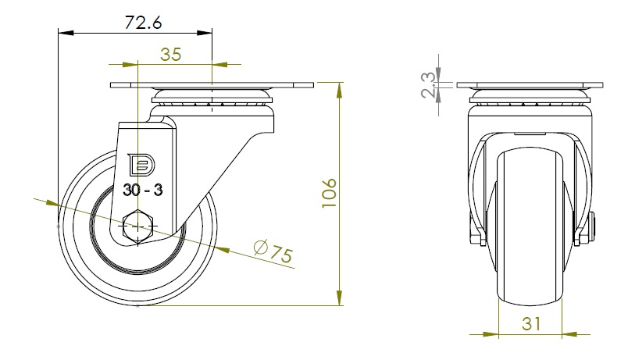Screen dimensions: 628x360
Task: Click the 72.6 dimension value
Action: click(x=143, y=23)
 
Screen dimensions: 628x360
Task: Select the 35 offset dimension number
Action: click(x=170, y=55)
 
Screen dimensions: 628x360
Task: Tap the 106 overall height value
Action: click(x=329, y=193)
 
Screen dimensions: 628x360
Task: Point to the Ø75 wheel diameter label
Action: click(x=273, y=251)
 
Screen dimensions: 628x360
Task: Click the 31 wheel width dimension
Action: click(x=531, y=323)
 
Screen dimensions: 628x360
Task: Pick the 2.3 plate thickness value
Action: click(x=428, y=85)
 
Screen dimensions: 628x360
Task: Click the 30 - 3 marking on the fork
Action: click(x=143, y=190)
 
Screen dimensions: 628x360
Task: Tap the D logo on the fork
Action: click(x=141, y=164)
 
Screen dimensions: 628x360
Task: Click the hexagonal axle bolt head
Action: click(x=137, y=226)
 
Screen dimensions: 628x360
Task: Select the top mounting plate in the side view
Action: click(x=212, y=85)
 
